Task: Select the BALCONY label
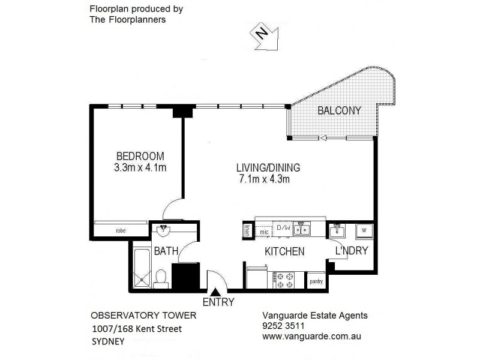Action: tap(339, 110)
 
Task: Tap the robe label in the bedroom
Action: tap(121, 230)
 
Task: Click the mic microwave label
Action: tap(263, 231)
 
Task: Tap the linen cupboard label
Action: tap(247, 231)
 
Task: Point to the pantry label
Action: tap(315, 280)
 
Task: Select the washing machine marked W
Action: tap(364, 230)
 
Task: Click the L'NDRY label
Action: tap(351, 251)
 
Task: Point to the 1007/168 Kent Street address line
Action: tap(137, 328)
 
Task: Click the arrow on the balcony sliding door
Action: tap(323, 139)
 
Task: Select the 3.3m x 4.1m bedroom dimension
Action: tap(140, 167)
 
